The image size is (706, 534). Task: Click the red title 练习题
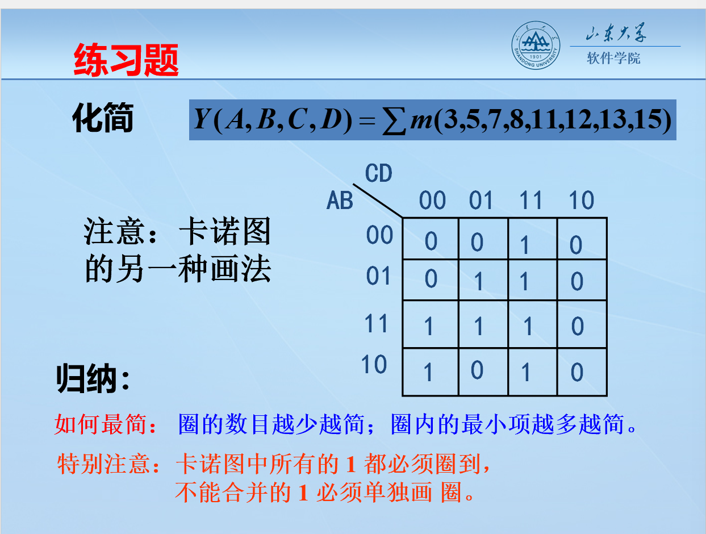click(126, 60)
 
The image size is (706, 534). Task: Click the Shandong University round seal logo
click(536, 45)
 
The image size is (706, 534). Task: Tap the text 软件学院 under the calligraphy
click(613, 58)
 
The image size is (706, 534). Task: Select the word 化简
click(103, 118)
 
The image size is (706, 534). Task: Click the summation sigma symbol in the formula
click(394, 120)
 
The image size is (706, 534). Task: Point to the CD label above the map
click(379, 173)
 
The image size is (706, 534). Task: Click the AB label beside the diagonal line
click(340, 200)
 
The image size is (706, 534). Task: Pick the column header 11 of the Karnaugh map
click(530, 200)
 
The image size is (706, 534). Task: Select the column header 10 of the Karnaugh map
click(581, 200)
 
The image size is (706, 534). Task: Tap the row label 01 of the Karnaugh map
click(378, 276)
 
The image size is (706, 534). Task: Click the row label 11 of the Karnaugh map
click(375, 323)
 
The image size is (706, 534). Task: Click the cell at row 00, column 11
click(533, 239)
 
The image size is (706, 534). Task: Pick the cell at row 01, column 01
click(483, 280)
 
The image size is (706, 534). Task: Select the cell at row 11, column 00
click(431, 324)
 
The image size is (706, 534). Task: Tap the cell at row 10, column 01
click(483, 372)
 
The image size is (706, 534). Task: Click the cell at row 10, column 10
click(582, 372)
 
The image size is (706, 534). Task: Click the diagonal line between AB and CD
click(378, 201)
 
